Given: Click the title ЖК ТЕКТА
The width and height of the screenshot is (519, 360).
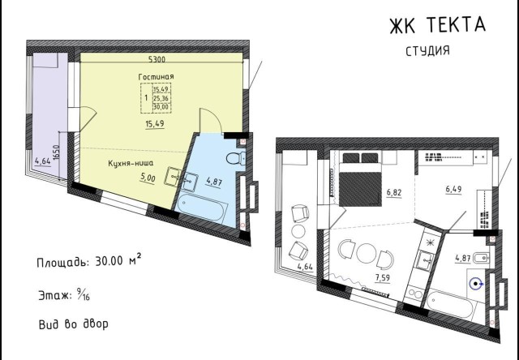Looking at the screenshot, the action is coord(438,25).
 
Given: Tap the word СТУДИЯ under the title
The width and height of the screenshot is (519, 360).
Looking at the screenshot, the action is coord(427,50).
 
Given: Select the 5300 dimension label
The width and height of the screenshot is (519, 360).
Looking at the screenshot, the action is coord(157,59).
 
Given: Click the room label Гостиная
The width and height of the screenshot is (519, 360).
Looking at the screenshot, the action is coord(157,77).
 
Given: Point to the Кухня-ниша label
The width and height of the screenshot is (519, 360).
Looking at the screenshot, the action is coord(131,163).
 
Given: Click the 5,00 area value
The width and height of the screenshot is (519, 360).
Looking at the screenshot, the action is coord(148,178).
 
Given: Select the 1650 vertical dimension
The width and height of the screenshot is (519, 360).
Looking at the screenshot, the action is coord(57,152).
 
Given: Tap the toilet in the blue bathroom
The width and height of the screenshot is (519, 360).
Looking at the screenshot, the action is coord(236,158).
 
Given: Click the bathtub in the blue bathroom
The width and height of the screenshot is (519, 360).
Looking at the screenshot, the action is coord(201,208).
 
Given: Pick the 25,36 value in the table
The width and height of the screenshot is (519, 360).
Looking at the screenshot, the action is coord(161,98).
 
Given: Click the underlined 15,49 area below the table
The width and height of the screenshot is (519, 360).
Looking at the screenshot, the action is coord(155,124).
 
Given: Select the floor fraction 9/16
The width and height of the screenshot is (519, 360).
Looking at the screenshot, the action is coord(84,294).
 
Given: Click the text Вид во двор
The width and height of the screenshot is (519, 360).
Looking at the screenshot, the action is coord(74,324).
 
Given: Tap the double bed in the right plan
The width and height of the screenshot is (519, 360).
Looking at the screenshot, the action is coord(360,178).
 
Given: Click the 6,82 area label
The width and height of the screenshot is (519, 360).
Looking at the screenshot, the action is coord(394,193).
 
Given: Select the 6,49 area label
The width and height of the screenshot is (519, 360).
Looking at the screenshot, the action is coord(453,189).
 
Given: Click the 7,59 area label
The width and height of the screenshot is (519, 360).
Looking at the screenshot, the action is coord(382,277).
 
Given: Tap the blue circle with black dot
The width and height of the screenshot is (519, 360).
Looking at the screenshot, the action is coord(476,284).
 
